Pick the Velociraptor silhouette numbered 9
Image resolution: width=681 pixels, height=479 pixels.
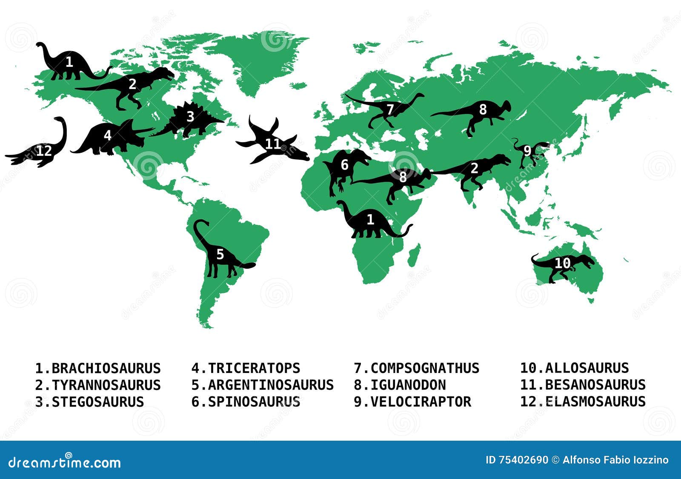(x=528, y=151)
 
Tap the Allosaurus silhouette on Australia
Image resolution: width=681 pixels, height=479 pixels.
(x=562, y=264)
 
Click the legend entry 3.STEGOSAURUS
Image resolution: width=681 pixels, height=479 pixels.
(x=89, y=402)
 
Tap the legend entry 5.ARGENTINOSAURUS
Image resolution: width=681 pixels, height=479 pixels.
(x=262, y=385)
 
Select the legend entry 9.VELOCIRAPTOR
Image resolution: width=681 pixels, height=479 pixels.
(x=412, y=402)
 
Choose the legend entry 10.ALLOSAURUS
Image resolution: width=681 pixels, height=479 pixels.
(x=574, y=368)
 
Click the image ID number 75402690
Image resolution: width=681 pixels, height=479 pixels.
(x=523, y=460)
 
